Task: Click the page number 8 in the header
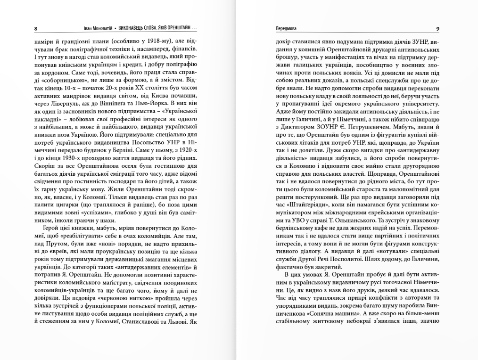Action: [x=36, y=28]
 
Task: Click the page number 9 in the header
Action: [x=438, y=28]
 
